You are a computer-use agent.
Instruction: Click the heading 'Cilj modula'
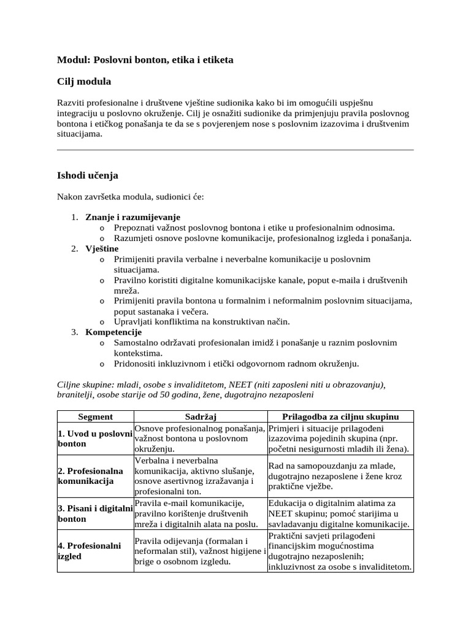pos(84,82)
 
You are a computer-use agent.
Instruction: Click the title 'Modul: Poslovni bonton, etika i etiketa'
pos(145,60)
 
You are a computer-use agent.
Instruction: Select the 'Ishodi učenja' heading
pos(87,175)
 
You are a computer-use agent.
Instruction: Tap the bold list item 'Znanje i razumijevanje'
pos(132,217)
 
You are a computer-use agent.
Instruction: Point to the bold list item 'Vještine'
pos(102,248)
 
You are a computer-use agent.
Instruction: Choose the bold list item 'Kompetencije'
pos(113,332)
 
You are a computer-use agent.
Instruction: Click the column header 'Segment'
pos(95,416)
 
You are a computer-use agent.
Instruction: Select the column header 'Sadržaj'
pos(201,416)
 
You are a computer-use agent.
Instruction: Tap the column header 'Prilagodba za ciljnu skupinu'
pos(340,416)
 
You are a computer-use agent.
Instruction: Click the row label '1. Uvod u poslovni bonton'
pos(95,438)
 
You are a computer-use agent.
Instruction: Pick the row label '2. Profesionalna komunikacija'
pos(90,476)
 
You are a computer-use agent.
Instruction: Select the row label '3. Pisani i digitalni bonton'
pos(95,513)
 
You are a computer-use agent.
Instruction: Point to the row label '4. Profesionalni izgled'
pos(90,551)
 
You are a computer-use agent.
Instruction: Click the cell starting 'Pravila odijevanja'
pos(200,551)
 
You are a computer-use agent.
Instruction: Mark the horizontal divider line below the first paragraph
pos(235,150)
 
